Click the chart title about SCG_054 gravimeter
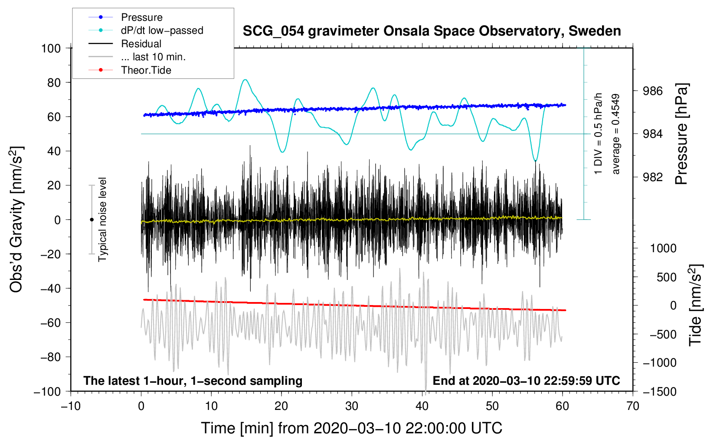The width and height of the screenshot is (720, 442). (x=432, y=31)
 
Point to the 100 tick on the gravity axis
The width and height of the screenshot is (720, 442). (x=51, y=48)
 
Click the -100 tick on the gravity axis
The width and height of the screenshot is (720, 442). (x=47, y=391)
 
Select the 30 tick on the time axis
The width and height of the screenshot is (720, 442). (x=352, y=406)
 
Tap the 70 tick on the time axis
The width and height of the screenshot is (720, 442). (x=633, y=406)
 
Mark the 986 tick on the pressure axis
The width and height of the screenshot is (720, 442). (x=653, y=91)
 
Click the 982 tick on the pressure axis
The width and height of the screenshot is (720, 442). (x=653, y=177)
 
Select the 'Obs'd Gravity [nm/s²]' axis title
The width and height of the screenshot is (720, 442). (x=16, y=219)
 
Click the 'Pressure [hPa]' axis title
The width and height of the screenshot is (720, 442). (x=681, y=134)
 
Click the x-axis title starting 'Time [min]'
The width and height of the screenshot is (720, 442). (x=352, y=428)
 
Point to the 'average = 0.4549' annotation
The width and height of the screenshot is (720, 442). (x=616, y=134)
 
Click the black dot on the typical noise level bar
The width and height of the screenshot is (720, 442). (x=92, y=220)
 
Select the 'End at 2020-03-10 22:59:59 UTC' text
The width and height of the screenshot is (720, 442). (x=526, y=381)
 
